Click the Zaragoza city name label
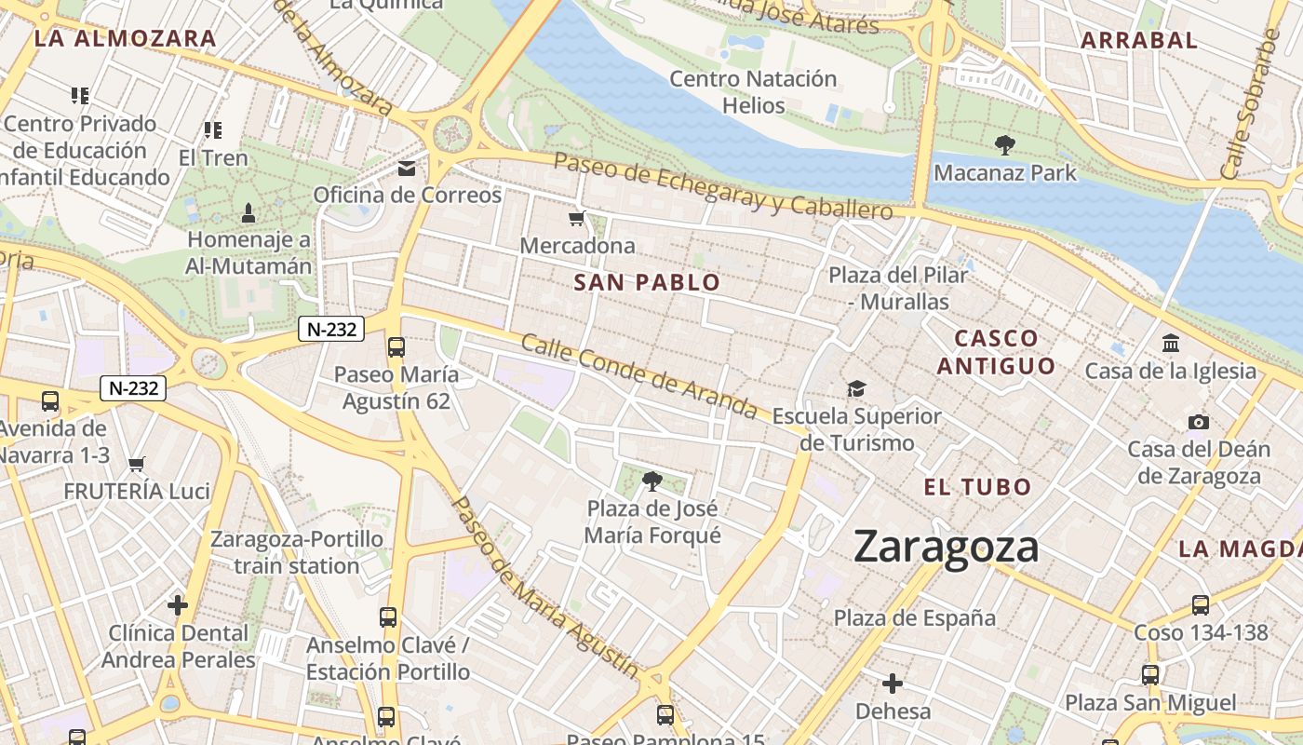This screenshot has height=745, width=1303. (946, 547)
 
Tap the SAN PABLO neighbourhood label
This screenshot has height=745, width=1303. (647, 282)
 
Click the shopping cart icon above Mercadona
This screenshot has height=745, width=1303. (577, 219)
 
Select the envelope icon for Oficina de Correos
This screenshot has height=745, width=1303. (407, 169)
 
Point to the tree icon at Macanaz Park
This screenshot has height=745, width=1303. (1004, 145)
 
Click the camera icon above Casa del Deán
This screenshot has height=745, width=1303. (1199, 422)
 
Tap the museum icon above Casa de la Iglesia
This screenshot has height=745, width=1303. (1171, 343)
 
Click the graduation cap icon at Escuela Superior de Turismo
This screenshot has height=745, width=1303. (856, 388)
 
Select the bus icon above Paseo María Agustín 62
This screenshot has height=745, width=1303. (396, 347)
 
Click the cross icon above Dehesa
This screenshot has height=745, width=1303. (893, 684)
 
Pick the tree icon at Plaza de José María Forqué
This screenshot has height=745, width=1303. (652, 481)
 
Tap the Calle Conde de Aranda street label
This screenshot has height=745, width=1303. (638, 376)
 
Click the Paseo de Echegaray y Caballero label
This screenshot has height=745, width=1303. (723, 185)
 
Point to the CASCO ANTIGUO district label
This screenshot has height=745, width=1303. (996, 352)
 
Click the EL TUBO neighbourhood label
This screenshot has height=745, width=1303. (977, 486)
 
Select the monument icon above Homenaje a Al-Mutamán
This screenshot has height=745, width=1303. (249, 213)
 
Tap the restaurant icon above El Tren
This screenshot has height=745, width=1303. (213, 130)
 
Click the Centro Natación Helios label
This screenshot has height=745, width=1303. (753, 92)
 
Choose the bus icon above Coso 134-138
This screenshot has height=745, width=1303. (1201, 605)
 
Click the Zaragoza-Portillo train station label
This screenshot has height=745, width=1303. (297, 552)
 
